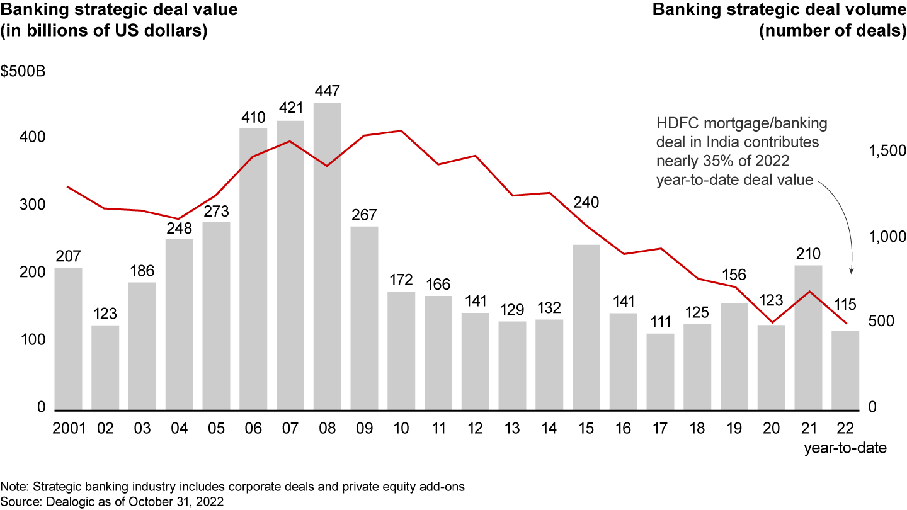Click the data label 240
coord(586,203)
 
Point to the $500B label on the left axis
coord(23,71)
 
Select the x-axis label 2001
coord(68,429)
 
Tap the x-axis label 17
coord(660,429)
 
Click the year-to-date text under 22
coord(845,448)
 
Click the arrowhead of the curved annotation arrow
coord(852,271)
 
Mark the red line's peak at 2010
coord(401,131)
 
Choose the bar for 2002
coord(105,368)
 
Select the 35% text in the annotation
coord(722,161)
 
